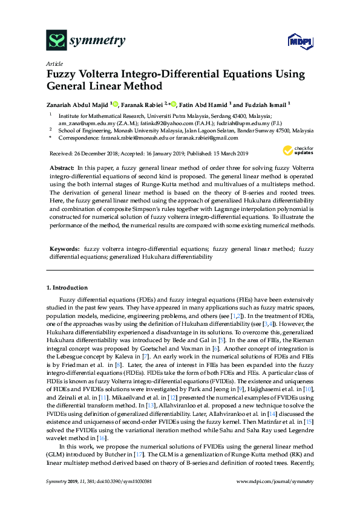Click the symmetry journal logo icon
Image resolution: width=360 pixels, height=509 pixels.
point(56,41)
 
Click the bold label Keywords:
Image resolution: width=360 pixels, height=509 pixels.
point(65,248)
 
